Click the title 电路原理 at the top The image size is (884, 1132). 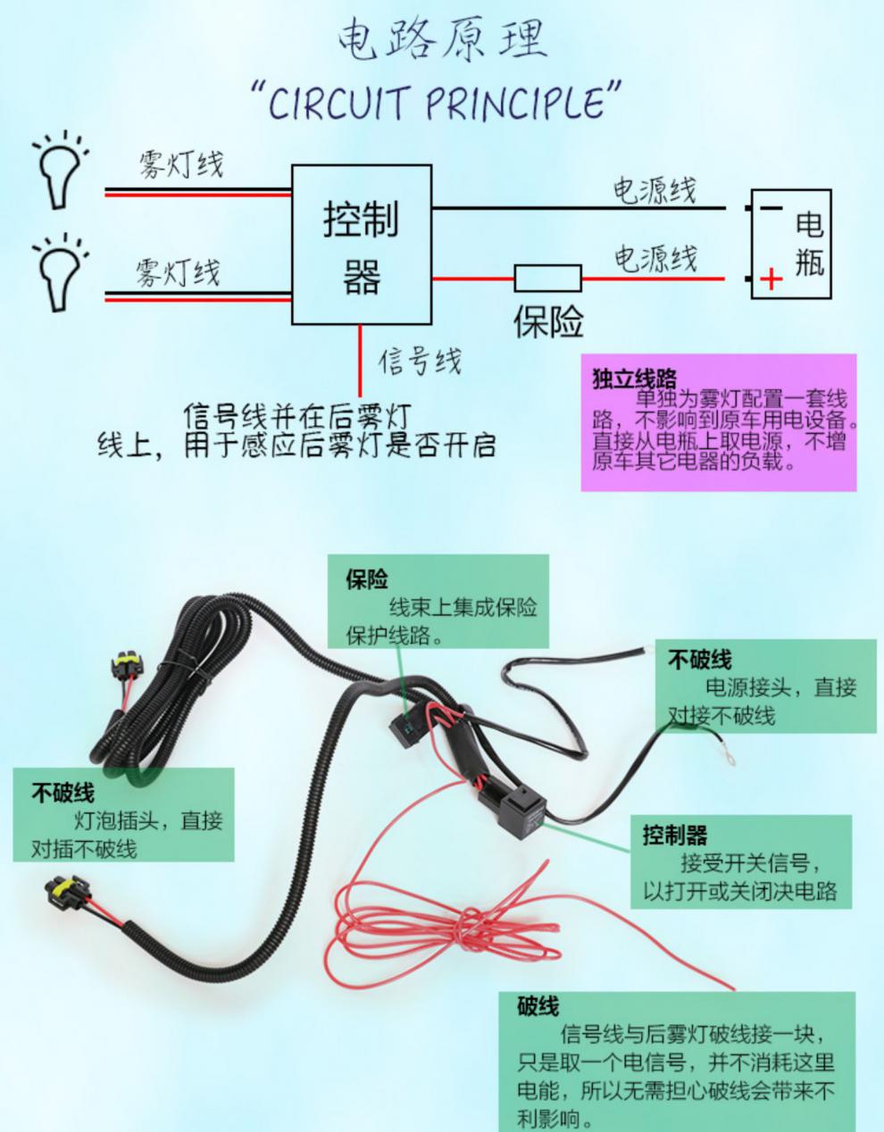tap(442, 40)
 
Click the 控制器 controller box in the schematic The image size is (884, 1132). tap(362, 245)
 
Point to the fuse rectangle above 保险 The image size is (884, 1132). tap(548, 279)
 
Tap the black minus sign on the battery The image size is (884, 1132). tap(771, 208)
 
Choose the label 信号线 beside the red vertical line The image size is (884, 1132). tap(420, 361)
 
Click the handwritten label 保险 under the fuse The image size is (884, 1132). tap(548, 321)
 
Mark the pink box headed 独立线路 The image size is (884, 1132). tap(719, 422)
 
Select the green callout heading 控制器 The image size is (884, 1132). tap(674, 835)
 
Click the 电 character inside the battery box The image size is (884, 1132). tap(810, 224)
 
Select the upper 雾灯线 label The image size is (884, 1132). tap(180, 164)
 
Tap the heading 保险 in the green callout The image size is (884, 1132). tap(367, 578)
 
